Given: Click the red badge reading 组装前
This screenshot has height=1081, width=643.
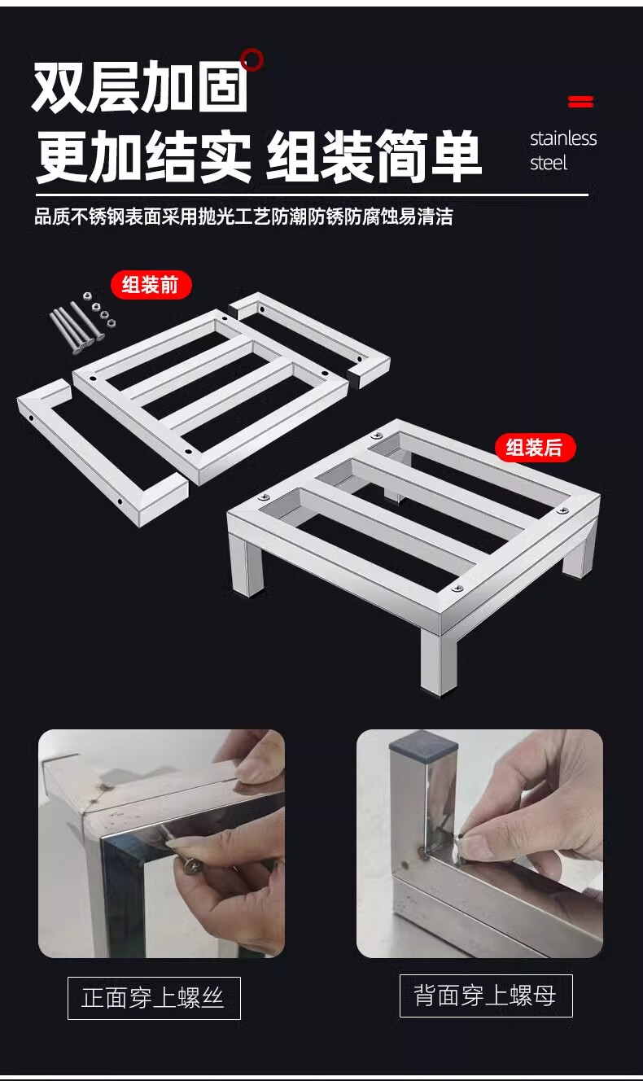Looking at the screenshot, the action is point(151,285).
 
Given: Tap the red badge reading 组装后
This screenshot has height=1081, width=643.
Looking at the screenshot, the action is point(535,448).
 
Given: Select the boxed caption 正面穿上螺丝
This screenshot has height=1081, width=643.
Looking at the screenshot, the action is point(154,997).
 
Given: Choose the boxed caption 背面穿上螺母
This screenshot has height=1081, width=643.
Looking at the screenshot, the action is point(486,996).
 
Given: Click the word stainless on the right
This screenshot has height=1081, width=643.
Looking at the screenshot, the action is point(563,138).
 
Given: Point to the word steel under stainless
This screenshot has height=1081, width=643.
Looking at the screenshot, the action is point(549,163).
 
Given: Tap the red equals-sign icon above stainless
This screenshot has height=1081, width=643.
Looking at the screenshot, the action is point(580,101).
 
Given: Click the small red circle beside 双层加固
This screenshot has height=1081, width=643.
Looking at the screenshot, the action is point(252,59).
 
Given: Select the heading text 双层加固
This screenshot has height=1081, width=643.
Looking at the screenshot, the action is point(140,87).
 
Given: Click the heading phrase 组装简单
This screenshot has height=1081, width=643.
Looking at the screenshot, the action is point(374,155).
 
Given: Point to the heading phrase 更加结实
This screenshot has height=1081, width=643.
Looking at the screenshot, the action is point(144,155).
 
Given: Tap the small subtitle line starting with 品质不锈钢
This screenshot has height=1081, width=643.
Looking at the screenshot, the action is point(243,217).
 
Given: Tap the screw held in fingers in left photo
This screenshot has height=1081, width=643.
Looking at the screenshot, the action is point(193,865).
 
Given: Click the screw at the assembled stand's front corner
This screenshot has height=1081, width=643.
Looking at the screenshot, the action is point(457,588).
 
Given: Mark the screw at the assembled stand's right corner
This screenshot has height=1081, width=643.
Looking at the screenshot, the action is point(562,511).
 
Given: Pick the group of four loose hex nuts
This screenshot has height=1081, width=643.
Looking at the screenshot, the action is point(98,309).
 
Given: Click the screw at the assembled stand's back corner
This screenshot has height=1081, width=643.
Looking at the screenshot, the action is point(376,436).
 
